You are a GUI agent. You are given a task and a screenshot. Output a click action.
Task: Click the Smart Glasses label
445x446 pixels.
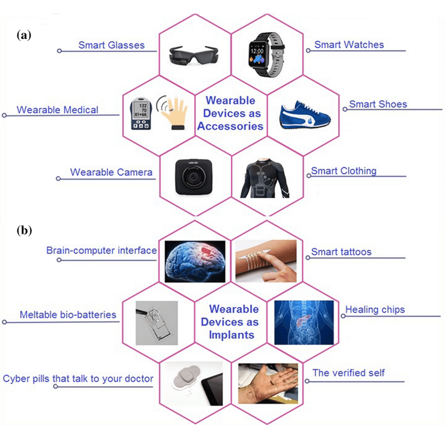click(x=111, y=45)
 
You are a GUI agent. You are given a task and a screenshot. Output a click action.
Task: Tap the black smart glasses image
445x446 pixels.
click(x=194, y=55)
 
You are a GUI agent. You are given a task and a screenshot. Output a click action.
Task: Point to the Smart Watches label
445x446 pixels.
click(x=349, y=45)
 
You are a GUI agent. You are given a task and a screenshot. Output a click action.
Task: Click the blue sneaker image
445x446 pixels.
click(x=304, y=115)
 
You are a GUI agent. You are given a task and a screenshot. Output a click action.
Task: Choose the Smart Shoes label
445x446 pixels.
click(x=378, y=104)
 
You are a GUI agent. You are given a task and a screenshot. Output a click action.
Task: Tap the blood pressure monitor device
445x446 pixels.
click(x=141, y=113)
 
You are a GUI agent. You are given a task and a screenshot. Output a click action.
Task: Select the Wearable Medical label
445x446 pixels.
click(x=58, y=110)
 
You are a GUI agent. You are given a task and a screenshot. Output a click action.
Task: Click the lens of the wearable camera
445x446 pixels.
click(x=194, y=177)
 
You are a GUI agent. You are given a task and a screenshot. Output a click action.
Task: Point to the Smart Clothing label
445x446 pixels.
click(x=344, y=170)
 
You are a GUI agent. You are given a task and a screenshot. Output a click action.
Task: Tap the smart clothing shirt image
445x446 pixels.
click(x=265, y=178)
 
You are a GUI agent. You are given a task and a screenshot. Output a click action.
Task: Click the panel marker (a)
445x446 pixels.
click(x=24, y=35)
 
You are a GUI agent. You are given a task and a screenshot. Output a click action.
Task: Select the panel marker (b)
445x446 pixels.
click(x=24, y=230)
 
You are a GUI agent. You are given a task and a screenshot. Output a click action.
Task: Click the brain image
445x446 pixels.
click(x=195, y=261)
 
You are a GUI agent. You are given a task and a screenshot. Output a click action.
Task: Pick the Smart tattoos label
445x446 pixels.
click(x=341, y=252)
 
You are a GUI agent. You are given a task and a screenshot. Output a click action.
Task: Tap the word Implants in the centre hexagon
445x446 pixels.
click(x=231, y=335)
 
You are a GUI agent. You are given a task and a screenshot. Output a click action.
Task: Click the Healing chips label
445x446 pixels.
click(x=375, y=309)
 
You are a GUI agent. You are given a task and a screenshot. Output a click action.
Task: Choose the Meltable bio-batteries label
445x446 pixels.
click(x=68, y=315)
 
